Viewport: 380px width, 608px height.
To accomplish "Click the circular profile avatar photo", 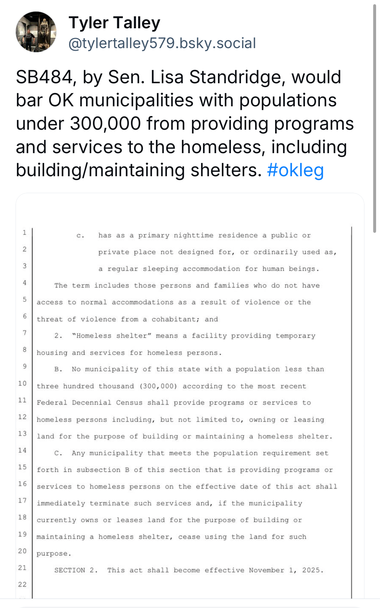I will click(x=36, y=32).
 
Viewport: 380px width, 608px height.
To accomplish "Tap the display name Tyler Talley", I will click(x=114, y=23).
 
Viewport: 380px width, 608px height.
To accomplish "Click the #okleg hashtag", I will click(x=295, y=170).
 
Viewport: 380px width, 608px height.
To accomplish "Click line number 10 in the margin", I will click(x=22, y=383).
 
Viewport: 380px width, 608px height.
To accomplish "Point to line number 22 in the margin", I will click(x=22, y=584).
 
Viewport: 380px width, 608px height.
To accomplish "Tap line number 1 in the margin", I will click(x=24, y=232).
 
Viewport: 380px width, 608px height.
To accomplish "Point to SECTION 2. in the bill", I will click(x=76, y=570).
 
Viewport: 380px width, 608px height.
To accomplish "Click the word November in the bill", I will click(x=266, y=570).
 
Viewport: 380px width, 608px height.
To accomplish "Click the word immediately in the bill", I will click(x=61, y=503).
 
